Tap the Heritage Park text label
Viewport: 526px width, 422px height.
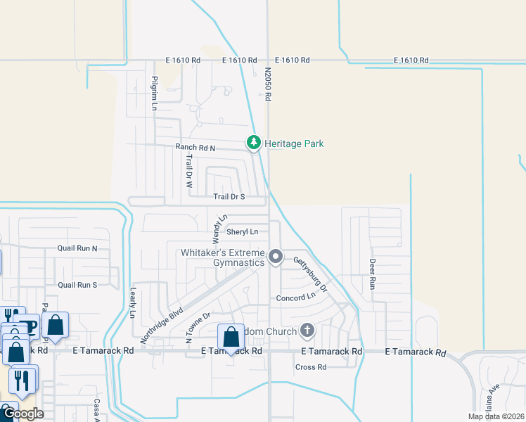(294, 143)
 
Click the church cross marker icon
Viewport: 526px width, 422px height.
(307, 329)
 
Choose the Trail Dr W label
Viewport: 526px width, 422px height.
(189, 171)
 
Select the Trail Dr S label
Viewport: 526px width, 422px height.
(229, 197)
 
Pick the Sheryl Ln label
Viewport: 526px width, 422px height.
(242, 231)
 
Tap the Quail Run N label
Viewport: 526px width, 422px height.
(77, 248)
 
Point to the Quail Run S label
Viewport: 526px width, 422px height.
(77, 285)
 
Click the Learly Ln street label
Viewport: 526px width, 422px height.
(132, 303)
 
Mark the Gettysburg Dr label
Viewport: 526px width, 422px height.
(310, 274)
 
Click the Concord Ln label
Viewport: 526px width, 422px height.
(295, 298)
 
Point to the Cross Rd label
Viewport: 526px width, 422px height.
(311, 367)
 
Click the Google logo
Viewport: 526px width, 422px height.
(23, 414)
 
